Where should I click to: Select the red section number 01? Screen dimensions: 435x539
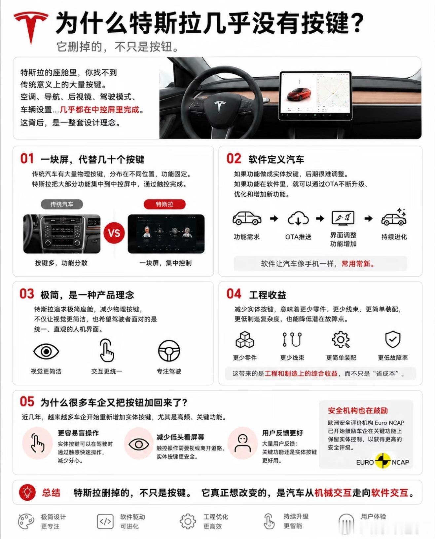(x=27, y=159)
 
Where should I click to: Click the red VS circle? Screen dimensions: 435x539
(x=114, y=233)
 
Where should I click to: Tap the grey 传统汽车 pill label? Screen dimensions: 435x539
(x=62, y=204)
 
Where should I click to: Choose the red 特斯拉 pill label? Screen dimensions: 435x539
(x=164, y=204)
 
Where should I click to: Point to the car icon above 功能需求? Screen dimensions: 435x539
(x=247, y=218)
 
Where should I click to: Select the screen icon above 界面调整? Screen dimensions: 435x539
(x=343, y=218)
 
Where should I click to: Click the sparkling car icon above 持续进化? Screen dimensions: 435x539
(x=394, y=217)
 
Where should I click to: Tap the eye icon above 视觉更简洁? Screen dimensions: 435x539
(x=46, y=351)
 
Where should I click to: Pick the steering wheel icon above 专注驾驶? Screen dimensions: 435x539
(x=169, y=351)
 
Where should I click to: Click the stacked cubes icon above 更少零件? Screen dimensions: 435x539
(x=245, y=339)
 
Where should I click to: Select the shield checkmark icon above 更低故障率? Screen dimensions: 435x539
(x=393, y=339)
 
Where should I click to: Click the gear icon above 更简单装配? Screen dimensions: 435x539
(x=341, y=339)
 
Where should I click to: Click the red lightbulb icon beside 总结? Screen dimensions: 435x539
(x=27, y=493)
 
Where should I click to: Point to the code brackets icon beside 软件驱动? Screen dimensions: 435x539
(x=105, y=521)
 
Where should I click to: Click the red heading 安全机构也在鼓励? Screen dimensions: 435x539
(x=358, y=410)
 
